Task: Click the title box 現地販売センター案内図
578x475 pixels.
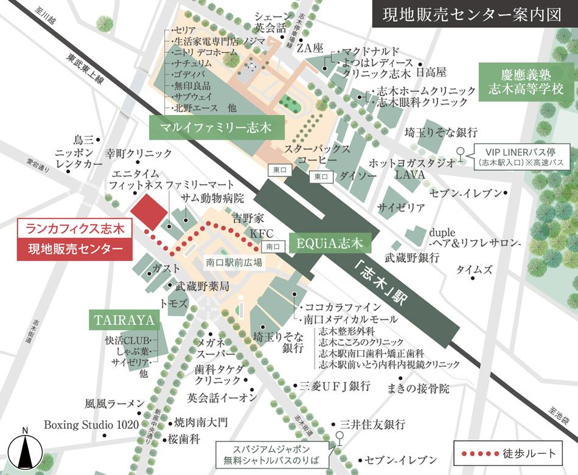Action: click(x=472, y=16)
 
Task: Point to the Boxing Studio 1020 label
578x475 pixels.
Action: click(x=91, y=425)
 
